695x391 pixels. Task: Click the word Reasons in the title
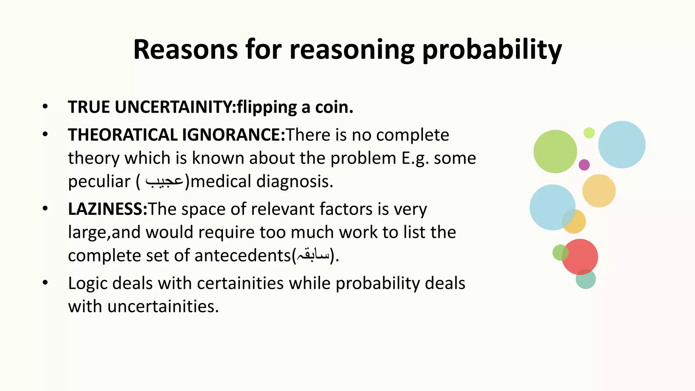(x=185, y=50)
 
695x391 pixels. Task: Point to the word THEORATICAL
(x=123, y=135)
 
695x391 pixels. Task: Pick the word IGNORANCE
(x=233, y=135)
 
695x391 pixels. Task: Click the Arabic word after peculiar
(x=164, y=181)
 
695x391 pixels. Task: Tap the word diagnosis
(x=295, y=181)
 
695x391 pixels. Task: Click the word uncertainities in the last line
(x=163, y=306)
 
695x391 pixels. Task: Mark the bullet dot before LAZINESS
(x=45, y=208)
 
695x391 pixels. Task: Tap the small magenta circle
(x=584, y=165)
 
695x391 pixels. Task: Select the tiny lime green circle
(x=589, y=133)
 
